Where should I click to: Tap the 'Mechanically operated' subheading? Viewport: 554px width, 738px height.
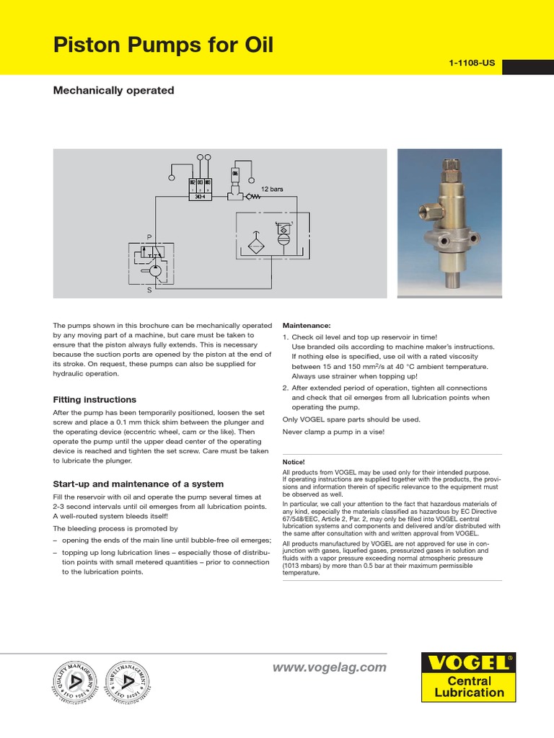pyautogui.click(x=114, y=91)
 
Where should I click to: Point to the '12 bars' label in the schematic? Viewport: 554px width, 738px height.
pyautogui.click(x=272, y=189)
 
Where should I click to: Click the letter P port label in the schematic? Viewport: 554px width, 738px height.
pyautogui.click(x=149, y=237)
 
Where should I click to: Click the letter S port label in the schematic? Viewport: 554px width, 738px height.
pyautogui.click(x=149, y=290)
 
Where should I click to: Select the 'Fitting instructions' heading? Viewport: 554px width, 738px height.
pyautogui.click(x=94, y=399)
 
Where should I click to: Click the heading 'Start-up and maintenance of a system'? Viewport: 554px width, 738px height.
pyautogui.click(x=138, y=484)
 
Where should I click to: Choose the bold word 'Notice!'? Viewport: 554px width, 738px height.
pyautogui.click(x=294, y=461)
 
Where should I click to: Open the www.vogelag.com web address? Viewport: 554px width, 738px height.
pyautogui.click(x=329, y=667)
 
